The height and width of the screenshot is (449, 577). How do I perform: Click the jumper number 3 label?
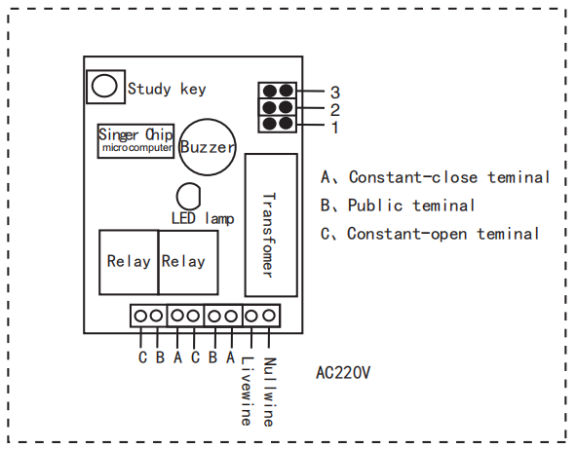tap(335, 93)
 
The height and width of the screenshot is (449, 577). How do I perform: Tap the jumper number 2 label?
tap(335, 110)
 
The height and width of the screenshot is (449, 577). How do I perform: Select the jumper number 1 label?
tap(335, 128)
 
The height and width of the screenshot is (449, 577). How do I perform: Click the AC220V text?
tap(343, 373)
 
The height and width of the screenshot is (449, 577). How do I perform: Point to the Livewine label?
tap(247, 392)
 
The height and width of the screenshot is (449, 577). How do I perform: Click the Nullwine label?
tap(269, 392)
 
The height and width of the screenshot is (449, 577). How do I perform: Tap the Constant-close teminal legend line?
tap(435, 177)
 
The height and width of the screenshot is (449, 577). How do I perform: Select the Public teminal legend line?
tap(398, 206)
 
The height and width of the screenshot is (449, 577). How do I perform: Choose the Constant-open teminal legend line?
tap(430, 234)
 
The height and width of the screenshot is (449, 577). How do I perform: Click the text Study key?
tap(167, 89)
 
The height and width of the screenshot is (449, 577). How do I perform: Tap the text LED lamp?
tap(203, 218)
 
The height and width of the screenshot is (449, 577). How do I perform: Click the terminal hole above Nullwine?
tap(269, 316)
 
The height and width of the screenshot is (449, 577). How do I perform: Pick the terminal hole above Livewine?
tap(251, 316)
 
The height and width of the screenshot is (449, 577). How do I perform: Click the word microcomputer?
tap(136, 148)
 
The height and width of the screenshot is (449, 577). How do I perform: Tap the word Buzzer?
tap(208, 147)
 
